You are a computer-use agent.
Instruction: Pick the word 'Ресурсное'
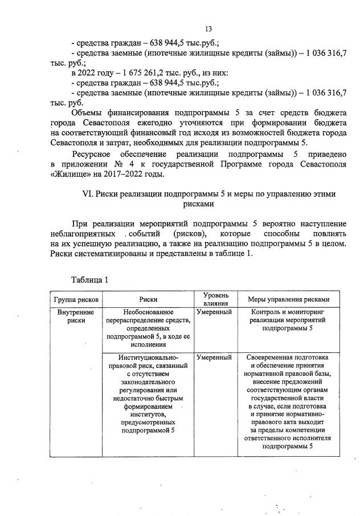(92, 155)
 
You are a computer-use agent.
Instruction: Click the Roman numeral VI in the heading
(89, 194)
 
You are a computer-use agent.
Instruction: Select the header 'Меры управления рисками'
(288, 299)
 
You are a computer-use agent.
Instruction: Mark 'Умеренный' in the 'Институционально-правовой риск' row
(214, 357)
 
